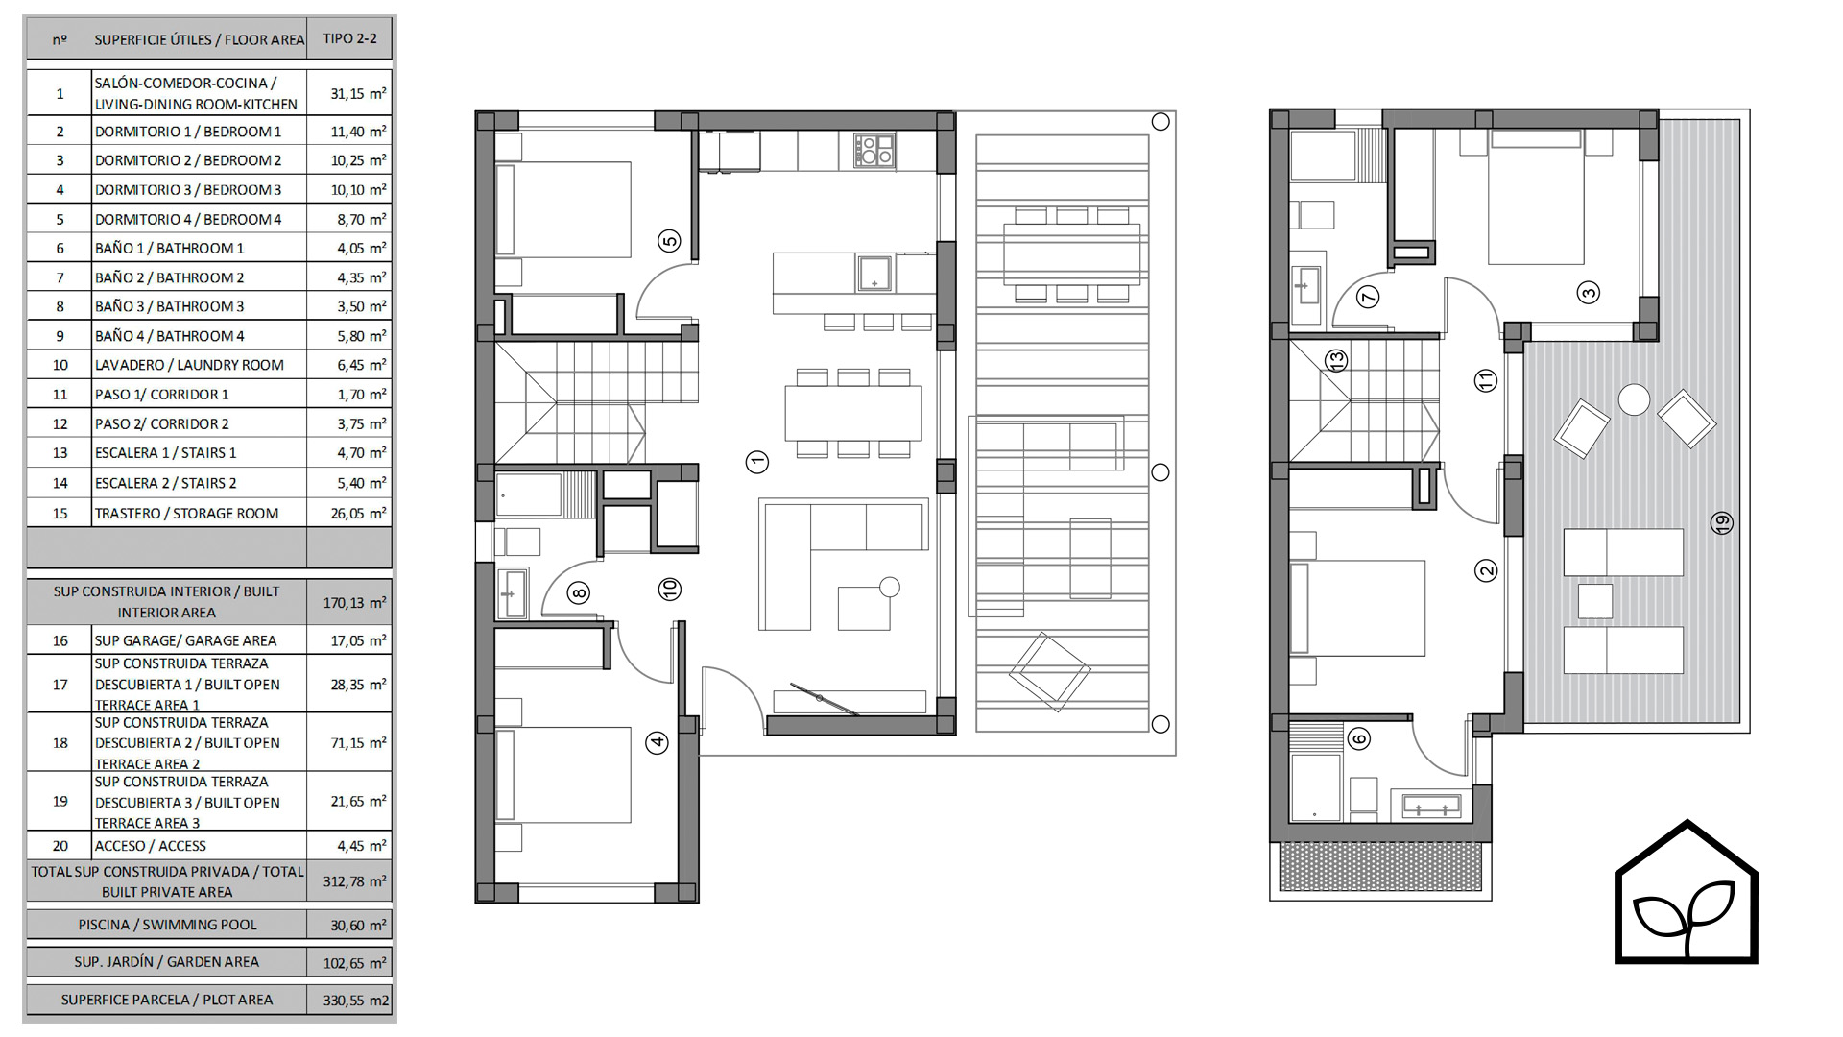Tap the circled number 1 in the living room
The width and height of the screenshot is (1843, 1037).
click(x=757, y=462)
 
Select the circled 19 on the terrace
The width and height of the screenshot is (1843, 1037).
click(x=1722, y=523)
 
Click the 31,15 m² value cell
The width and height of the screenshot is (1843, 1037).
click(x=358, y=94)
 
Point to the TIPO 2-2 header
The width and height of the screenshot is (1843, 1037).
click(x=349, y=38)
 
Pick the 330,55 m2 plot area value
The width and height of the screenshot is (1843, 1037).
click(x=356, y=1001)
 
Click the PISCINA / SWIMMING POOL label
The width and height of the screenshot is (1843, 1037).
click(x=168, y=925)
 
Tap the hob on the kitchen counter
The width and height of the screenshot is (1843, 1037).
click(x=874, y=151)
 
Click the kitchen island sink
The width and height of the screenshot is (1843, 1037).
click(x=874, y=273)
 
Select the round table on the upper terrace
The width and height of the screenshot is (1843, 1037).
click(x=1634, y=399)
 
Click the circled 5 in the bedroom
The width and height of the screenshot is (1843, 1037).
click(x=669, y=241)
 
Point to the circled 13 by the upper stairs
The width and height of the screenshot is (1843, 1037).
click(x=1336, y=361)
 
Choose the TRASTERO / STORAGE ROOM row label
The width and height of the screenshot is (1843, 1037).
click(x=186, y=514)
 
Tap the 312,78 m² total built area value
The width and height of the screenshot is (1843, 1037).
click(x=354, y=881)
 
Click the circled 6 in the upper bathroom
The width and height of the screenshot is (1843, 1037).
click(x=1358, y=738)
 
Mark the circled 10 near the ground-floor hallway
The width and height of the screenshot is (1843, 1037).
click(x=670, y=589)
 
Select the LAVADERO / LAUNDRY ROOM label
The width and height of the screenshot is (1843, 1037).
click(x=189, y=365)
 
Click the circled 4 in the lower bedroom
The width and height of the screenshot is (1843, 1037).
click(x=657, y=741)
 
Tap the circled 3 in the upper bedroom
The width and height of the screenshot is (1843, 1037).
click(x=1589, y=293)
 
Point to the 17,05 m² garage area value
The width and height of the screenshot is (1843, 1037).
click(x=358, y=640)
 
